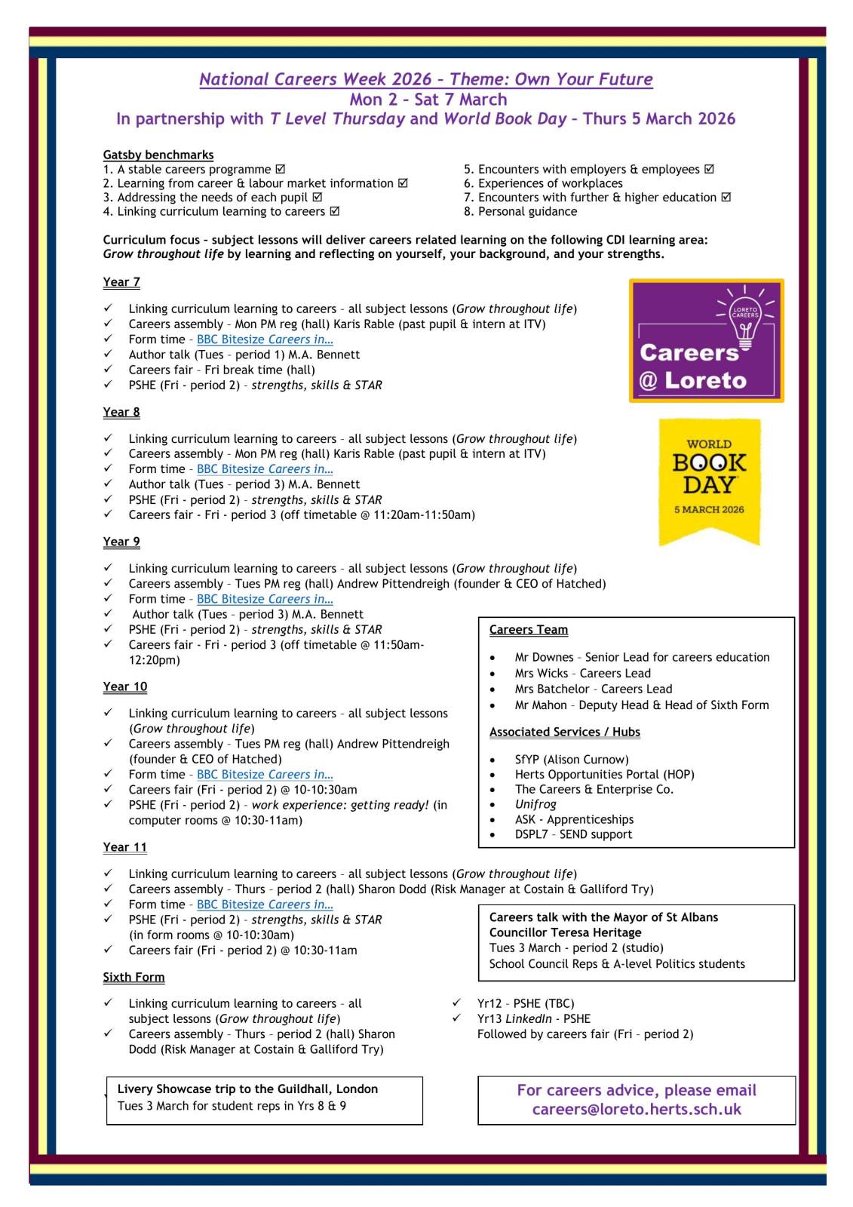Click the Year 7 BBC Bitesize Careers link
pyautogui.click(x=265, y=339)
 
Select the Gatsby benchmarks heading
pyautogui.click(x=158, y=155)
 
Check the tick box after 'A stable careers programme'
pyautogui.click(x=281, y=170)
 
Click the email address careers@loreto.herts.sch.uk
pyautogui.click(x=637, y=1110)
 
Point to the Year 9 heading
pyautogui.click(x=121, y=542)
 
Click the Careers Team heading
pyautogui.click(x=528, y=630)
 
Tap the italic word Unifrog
pyautogui.click(x=535, y=804)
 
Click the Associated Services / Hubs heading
pyautogui.click(x=564, y=732)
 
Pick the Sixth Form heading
pyautogui.click(x=133, y=977)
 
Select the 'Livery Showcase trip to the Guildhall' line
pyautogui.click(x=247, y=1089)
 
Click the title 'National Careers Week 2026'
pyautogui.click(x=315, y=79)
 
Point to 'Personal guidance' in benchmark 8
pyautogui.click(x=527, y=211)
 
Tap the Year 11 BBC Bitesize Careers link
pyautogui.click(x=265, y=904)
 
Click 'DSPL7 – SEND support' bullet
pyautogui.click(x=573, y=834)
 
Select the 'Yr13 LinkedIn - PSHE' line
pyautogui.click(x=533, y=1018)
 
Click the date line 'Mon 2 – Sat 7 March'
pyautogui.click(x=428, y=100)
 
